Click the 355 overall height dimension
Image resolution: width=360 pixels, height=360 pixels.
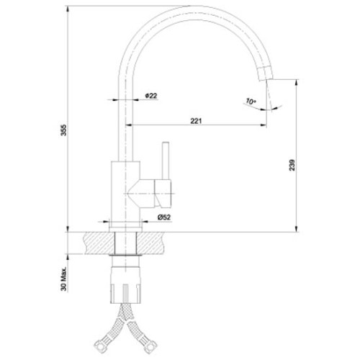coord(63,130)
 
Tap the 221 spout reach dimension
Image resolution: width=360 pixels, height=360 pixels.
coord(196,121)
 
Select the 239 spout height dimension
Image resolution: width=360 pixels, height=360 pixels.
coord(292,165)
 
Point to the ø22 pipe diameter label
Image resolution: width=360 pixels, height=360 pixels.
coord(151,96)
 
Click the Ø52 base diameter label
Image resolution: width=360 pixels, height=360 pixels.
coord(164,217)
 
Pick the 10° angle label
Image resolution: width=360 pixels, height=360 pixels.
coord(251,102)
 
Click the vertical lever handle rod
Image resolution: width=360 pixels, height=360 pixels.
coord(166,161)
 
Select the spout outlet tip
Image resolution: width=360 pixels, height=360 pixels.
coord(266,73)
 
